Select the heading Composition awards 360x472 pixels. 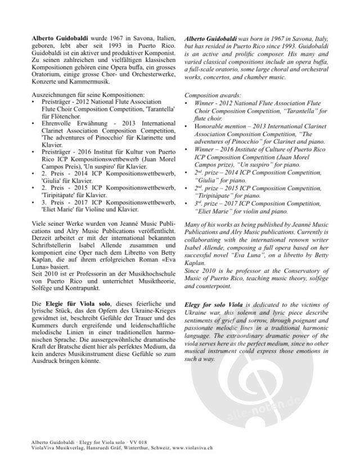[210, 96]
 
